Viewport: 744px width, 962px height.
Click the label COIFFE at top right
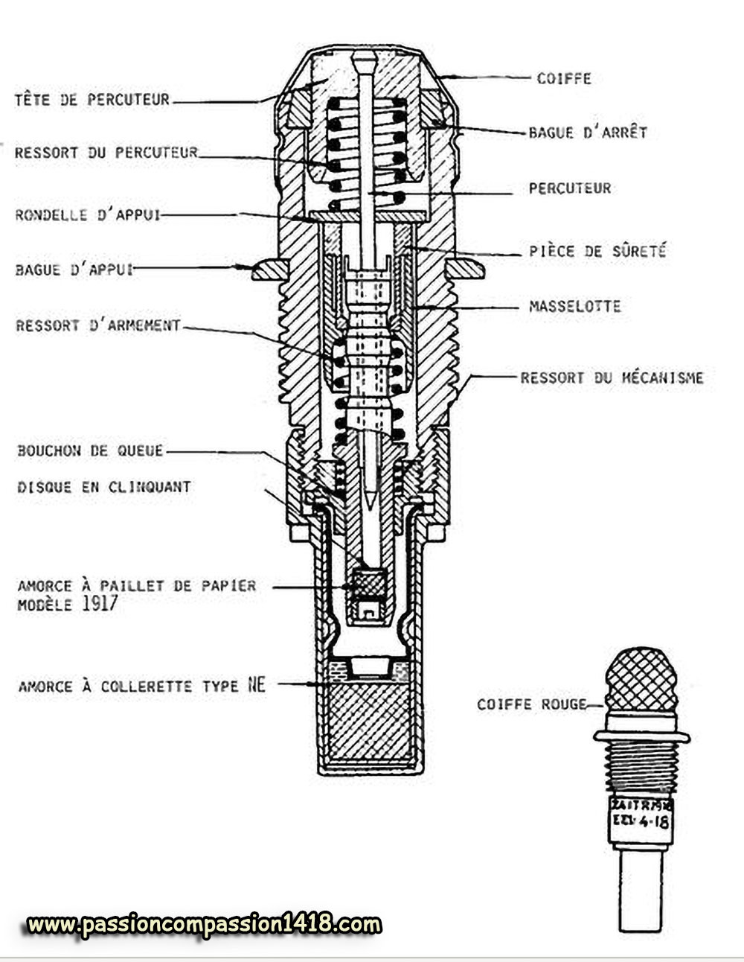(564, 78)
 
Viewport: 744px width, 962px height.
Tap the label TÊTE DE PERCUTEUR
(92, 99)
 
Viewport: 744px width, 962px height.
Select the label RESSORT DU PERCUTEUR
(106, 153)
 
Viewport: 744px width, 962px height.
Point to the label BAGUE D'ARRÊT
(588, 133)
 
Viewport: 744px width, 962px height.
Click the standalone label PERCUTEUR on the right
(570, 188)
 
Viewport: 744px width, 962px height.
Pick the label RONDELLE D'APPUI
(88, 215)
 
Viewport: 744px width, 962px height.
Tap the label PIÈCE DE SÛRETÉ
(597, 251)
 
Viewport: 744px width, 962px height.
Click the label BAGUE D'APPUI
(74, 270)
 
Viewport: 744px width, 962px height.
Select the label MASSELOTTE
(574, 306)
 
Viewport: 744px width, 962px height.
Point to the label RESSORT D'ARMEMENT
(98, 325)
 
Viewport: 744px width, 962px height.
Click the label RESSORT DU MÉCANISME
(612, 378)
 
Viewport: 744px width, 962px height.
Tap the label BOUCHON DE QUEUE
(90, 450)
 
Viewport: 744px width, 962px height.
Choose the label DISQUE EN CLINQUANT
(104, 487)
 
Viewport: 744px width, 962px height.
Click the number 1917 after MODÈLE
(99, 604)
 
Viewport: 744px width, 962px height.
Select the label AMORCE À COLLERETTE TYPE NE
(141, 686)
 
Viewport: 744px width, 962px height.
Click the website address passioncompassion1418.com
(205, 925)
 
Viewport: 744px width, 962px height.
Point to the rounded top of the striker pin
(364, 58)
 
